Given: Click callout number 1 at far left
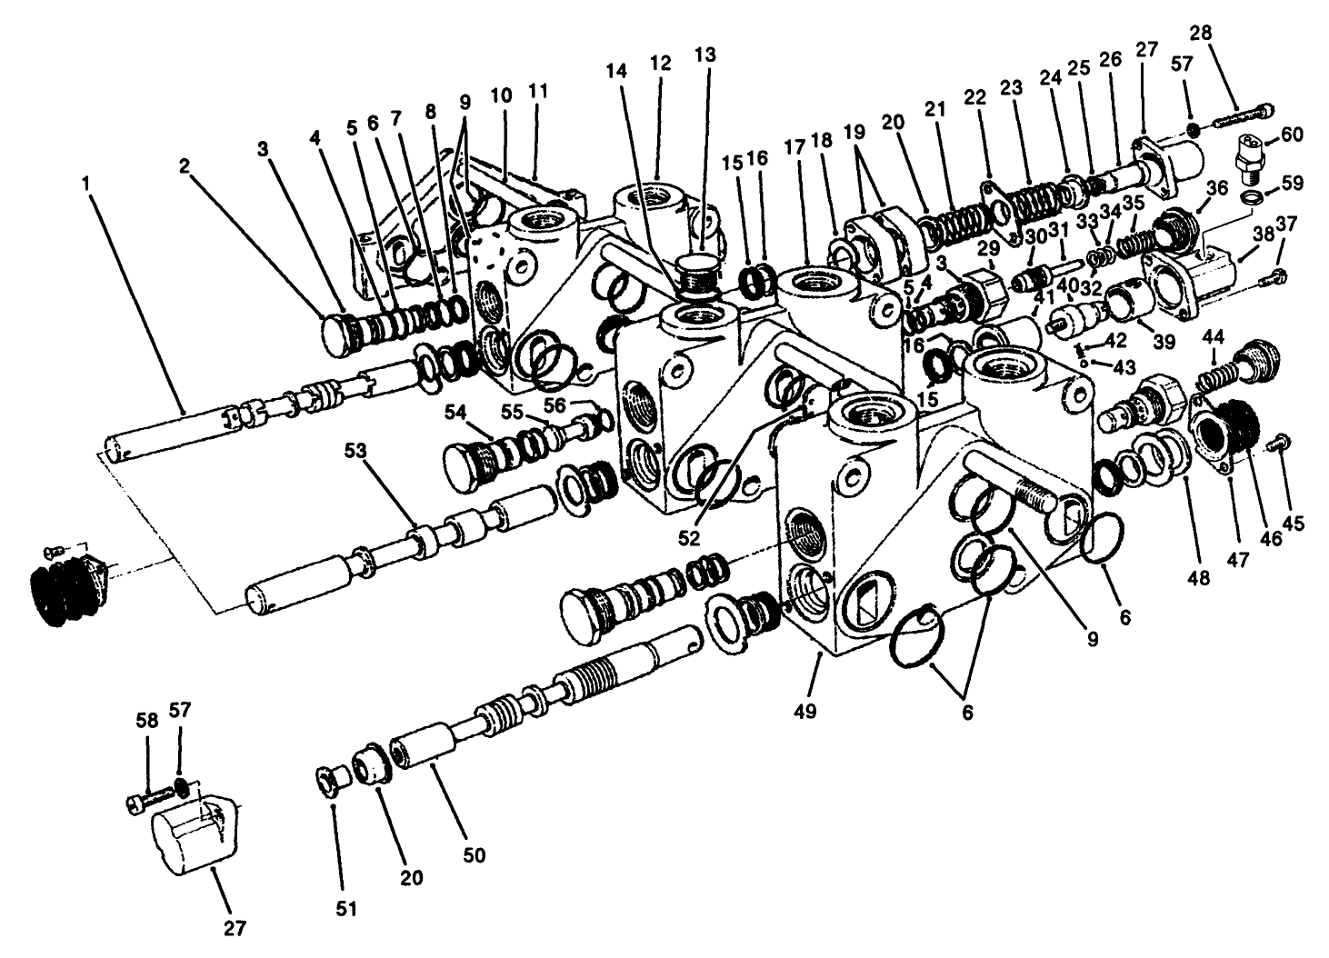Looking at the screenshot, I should pos(86,182).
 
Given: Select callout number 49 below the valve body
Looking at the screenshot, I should pos(804,711).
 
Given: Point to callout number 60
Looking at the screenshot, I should pos(1292,134).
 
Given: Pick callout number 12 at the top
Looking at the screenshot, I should pos(661,63).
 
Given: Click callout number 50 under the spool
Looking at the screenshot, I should pos(475,854).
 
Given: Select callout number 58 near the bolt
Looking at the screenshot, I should pos(147,720).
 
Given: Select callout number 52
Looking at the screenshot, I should pos(689,537).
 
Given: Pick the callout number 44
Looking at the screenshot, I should pos(1213,337).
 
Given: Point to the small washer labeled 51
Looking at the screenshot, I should pos(324,781).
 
